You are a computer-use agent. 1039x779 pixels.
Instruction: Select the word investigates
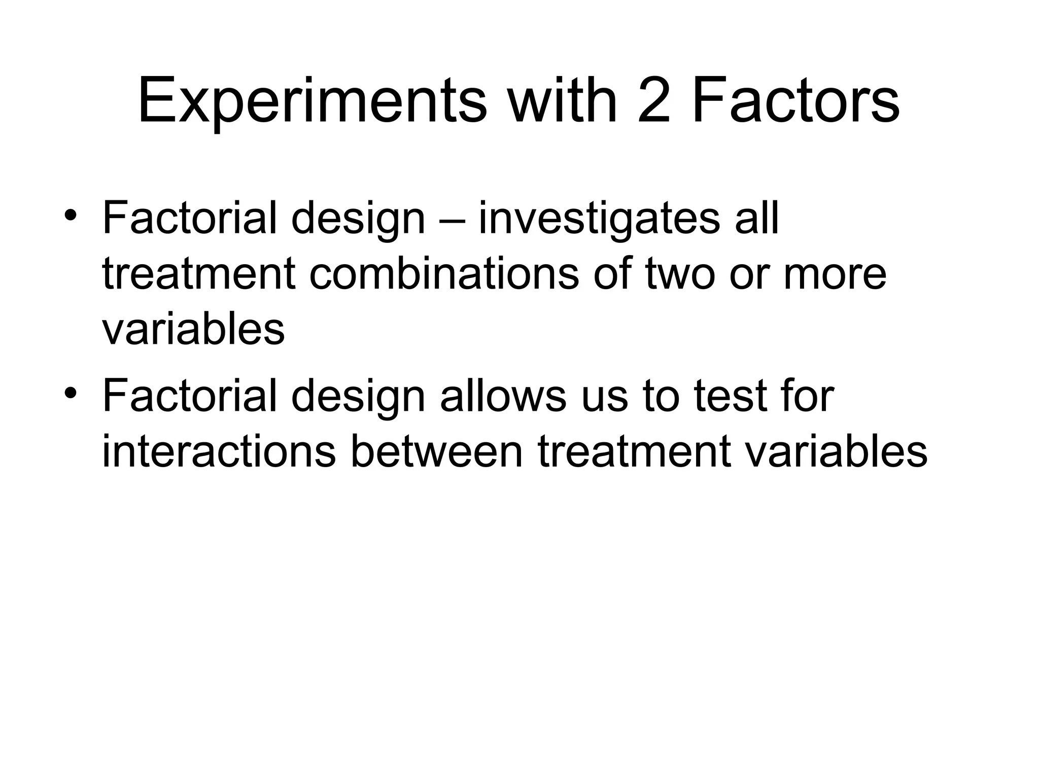599,219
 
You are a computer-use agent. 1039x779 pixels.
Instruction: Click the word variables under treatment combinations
193,330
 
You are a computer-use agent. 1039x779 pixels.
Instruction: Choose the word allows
503,396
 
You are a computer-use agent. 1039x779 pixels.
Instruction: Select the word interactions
219,451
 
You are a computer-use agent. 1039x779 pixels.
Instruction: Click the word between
436,451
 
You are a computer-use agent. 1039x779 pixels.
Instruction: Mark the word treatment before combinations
199,275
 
